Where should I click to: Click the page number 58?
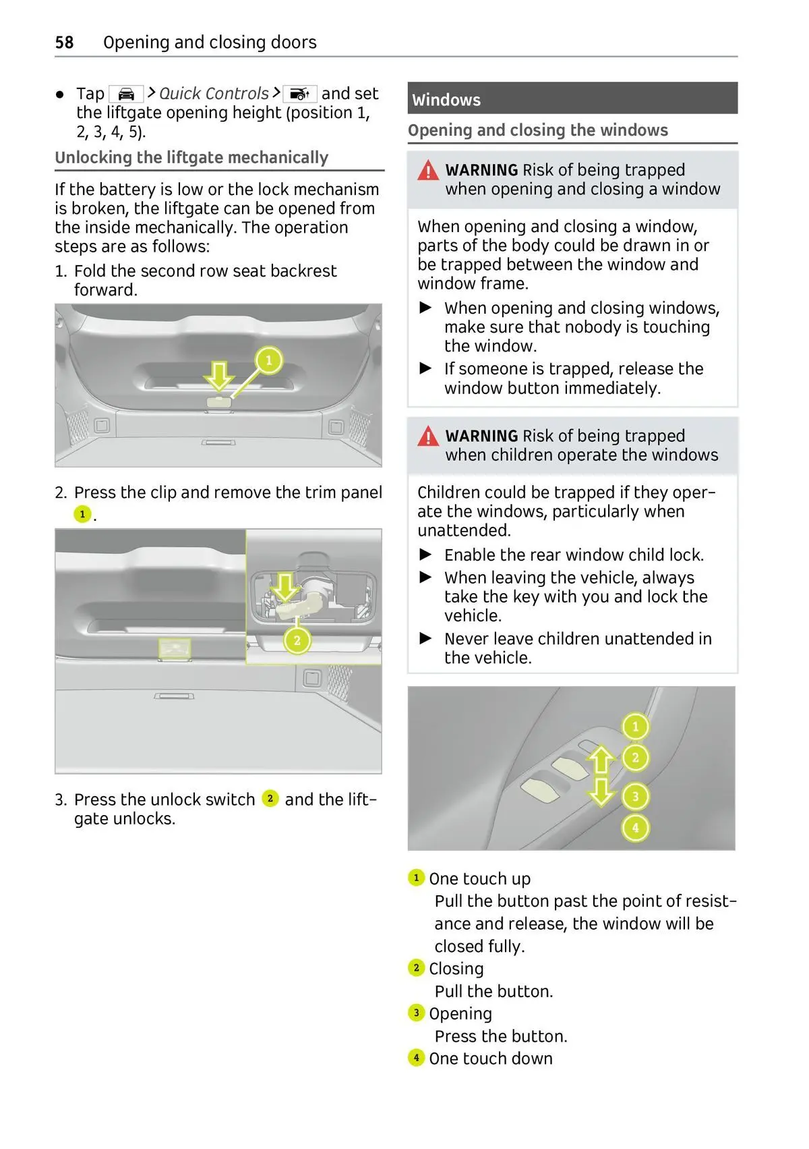pyautogui.click(x=64, y=43)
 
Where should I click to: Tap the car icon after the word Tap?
pyautogui.click(x=126, y=94)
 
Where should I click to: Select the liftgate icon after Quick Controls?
pyautogui.click(x=299, y=94)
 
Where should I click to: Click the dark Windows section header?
pyautogui.click(x=572, y=99)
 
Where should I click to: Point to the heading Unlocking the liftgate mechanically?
pyautogui.click(x=191, y=158)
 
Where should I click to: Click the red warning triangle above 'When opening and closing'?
pyautogui.click(x=428, y=171)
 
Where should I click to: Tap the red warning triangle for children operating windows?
pyautogui.click(x=428, y=437)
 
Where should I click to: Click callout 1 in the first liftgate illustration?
pyautogui.click(x=268, y=360)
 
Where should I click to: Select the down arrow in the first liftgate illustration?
pyautogui.click(x=219, y=375)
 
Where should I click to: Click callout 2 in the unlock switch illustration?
pyautogui.click(x=297, y=640)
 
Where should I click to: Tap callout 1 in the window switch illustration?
pyautogui.click(x=635, y=727)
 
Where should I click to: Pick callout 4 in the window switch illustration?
pyautogui.click(x=635, y=827)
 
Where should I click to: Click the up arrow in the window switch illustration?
pyautogui.click(x=601, y=760)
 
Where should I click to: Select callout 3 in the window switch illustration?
pyautogui.click(x=635, y=797)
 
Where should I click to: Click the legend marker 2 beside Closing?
pyautogui.click(x=416, y=968)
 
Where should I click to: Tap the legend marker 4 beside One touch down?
pyautogui.click(x=416, y=1058)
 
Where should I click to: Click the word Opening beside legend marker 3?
pyautogui.click(x=460, y=1013)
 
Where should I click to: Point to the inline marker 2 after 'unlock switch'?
pyautogui.click(x=270, y=799)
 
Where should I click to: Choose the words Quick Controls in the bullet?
pyautogui.click(x=214, y=94)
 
